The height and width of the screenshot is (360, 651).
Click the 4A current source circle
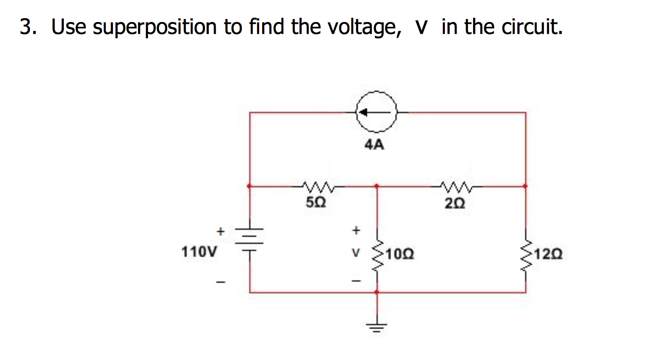376,112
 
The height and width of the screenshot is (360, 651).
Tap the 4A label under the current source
374,144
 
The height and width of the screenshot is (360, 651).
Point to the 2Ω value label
455,203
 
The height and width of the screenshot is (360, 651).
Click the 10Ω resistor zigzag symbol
377,255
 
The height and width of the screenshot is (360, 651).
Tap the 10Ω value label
400,253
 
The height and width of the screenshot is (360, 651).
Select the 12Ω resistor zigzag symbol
526,255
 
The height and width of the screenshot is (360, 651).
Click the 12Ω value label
549,253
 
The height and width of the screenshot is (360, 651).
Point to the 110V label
199,251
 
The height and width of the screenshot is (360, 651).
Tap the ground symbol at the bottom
377,326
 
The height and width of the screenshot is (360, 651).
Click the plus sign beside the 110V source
220,231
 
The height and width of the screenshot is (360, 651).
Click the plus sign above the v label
356,230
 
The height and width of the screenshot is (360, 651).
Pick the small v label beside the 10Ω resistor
356,253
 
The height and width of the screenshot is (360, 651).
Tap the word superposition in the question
155,27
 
